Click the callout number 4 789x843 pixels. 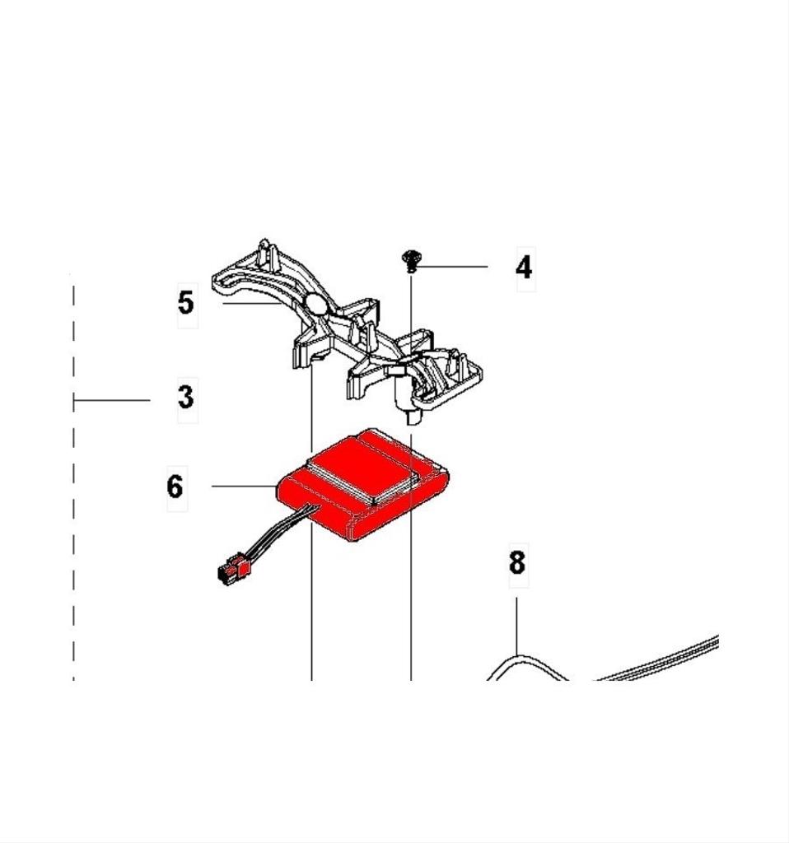tap(524, 268)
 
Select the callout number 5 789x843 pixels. tap(187, 303)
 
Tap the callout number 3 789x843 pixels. tap(186, 398)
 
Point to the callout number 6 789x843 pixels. tap(175, 487)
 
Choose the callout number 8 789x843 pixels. tap(516, 563)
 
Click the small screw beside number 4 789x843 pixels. tap(410, 261)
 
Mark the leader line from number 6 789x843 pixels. tap(243, 487)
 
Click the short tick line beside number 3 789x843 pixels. tap(111, 401)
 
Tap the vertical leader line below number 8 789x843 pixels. tap(517, 626)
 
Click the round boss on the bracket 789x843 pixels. tap(317, 306)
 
